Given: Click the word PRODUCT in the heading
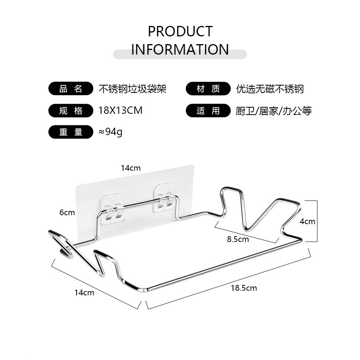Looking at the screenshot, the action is [x=180, y=31].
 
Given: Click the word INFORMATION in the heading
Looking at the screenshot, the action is [x=180, y=50].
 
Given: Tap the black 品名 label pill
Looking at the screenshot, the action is [x=71, y=89].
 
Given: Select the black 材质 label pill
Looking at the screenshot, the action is [x=208, y=89].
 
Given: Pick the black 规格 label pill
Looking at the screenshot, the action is [x=71, y=111].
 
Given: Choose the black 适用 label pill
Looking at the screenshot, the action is [x=208, y=111].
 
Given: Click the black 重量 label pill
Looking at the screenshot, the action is [x=71, y=132].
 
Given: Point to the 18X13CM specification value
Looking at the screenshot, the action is [x=120, y=110].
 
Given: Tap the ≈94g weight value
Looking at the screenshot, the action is [x=110, y=132].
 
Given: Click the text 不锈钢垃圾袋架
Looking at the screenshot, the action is [x=132, y=89].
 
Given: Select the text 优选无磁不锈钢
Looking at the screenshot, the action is [x=270, y=89].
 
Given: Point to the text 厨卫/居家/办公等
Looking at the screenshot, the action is [x=274, y=111].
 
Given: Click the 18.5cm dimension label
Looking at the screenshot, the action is [x=244, y=288].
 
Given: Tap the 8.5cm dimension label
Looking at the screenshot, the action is [x=238, y=239].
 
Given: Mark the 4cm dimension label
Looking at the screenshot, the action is [x=307, y=221].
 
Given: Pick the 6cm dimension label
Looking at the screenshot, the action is [x=67, y=213].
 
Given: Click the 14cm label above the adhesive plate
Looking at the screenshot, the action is [x=130, y=168].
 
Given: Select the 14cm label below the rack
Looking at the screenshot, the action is [x=84, y=293].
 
